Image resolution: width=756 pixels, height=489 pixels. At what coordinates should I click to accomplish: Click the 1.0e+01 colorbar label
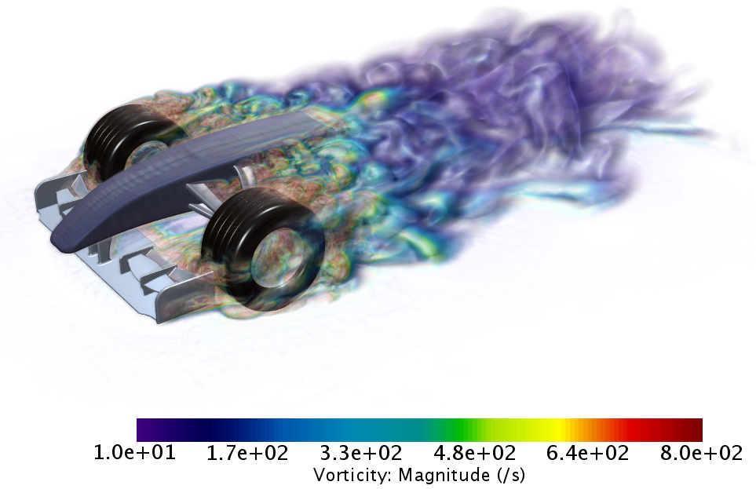[134, 453]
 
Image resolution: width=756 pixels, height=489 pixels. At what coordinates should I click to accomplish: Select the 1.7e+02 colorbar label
[247, 453]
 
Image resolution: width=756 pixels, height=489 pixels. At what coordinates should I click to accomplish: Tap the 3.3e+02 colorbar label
[361, 453]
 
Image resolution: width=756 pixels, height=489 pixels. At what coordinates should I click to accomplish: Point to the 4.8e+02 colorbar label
[475, 453]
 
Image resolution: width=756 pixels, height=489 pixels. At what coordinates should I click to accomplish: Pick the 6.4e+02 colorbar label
[588, 453]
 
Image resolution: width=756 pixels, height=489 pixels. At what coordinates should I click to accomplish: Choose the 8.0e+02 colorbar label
[702, 453]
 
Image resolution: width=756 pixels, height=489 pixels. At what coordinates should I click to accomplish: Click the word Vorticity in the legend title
[353, 475]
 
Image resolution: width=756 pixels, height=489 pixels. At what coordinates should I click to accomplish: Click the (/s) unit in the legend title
[510, 475]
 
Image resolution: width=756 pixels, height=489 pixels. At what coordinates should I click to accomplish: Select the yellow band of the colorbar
[554, 430]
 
